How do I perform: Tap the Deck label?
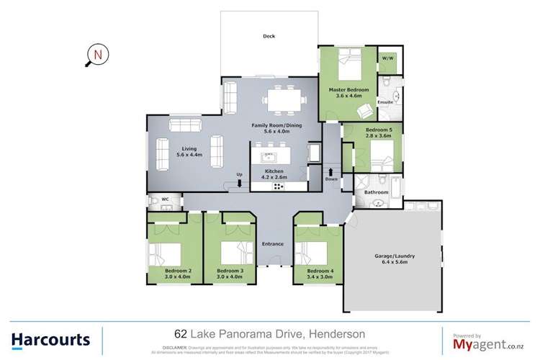[x=269, y=36]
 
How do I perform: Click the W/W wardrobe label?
[x=386, y=58]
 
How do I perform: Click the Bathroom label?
[x=376, y=192]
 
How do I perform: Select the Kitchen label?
[x=274, y=171]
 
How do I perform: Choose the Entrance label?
[x=272, y=244]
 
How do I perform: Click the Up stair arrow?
[x=240, y=182]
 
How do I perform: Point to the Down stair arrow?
[x=331, y=173]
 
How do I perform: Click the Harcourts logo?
[x=50, y=338]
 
